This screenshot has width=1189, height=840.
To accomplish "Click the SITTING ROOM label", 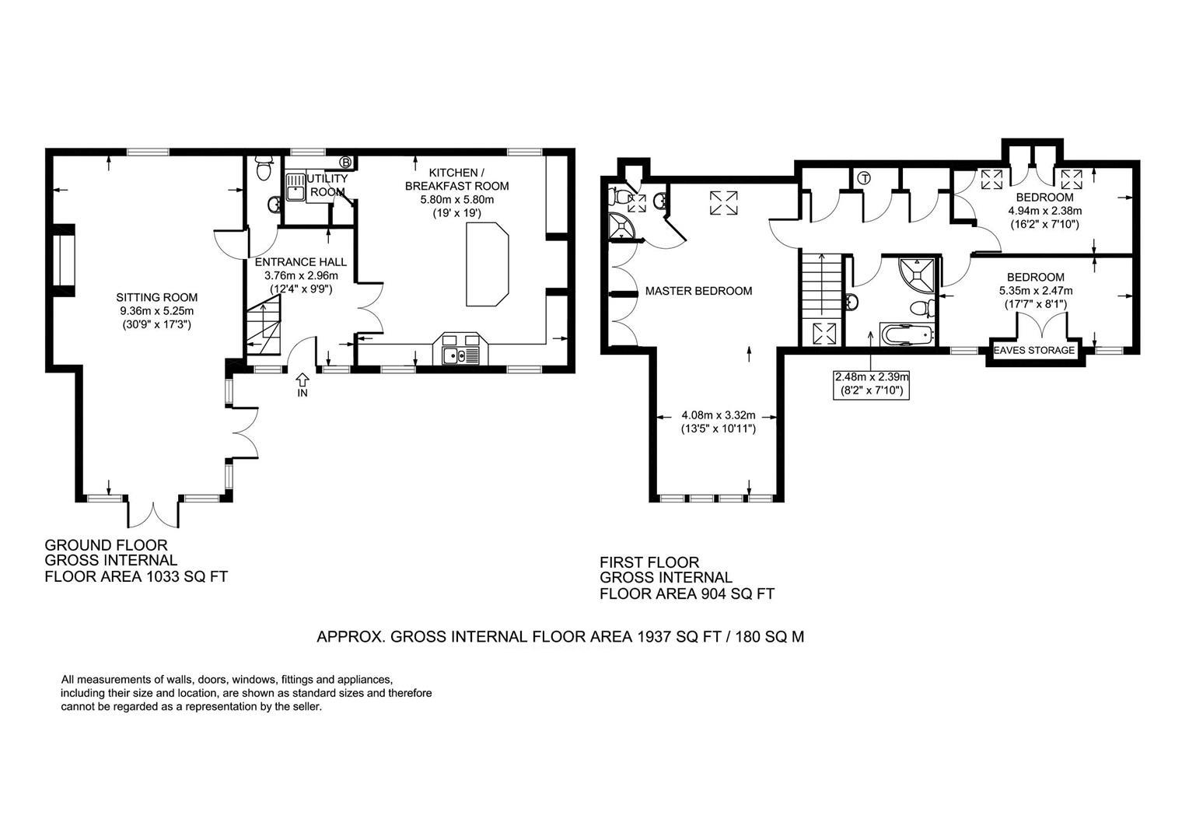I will tap(156, 297).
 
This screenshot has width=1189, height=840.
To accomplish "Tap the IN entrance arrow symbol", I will tap(302, 380).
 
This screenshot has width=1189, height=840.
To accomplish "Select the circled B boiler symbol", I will tap(346, 163).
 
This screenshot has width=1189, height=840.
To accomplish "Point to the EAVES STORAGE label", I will tap(1034, 351).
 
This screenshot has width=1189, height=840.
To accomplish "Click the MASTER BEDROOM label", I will tap(698, 291).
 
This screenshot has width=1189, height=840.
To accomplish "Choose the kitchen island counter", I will tap(487, 264).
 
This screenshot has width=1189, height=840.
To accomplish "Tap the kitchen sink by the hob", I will tap(452, 356).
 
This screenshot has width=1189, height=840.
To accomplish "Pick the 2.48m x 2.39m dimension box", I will tap(871, 384).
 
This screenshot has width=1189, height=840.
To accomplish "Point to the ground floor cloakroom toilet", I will tap(264, 168).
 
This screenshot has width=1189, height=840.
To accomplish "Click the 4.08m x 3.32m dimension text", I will tap(718, 415).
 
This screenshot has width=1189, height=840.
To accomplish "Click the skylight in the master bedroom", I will tap(722, 204).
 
